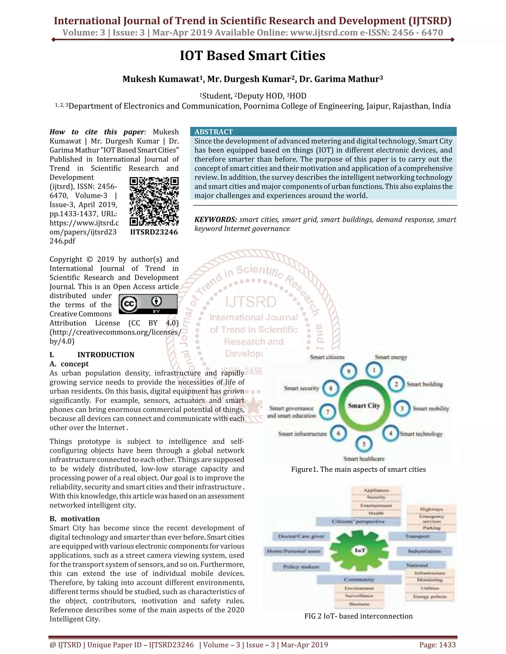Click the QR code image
click(x=154, y=201)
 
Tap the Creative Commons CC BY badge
click(x=148, y=304)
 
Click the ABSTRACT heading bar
click(x=323, y=132)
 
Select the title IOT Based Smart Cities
click(x=253, y=56)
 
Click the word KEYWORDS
click(x=215, y=219)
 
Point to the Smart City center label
click(x=364, y=406)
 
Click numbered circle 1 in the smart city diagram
click(x=374, y=370)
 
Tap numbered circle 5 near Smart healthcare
click(x=364, y=444)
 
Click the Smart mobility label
click(x=431, y=409)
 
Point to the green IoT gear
click(x=359, y=550)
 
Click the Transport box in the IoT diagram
click(x=417, y=536)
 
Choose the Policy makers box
click(x=301, y=567)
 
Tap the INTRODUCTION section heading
click(x=105, y=355)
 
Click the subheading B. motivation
click(x=75, y=519)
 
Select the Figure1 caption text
click(x=358, y=469)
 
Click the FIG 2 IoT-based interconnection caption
click(x=358, y=616)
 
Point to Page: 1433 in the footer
click(x=437, y=645)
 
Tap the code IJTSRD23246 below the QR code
click(x=154, y=232)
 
